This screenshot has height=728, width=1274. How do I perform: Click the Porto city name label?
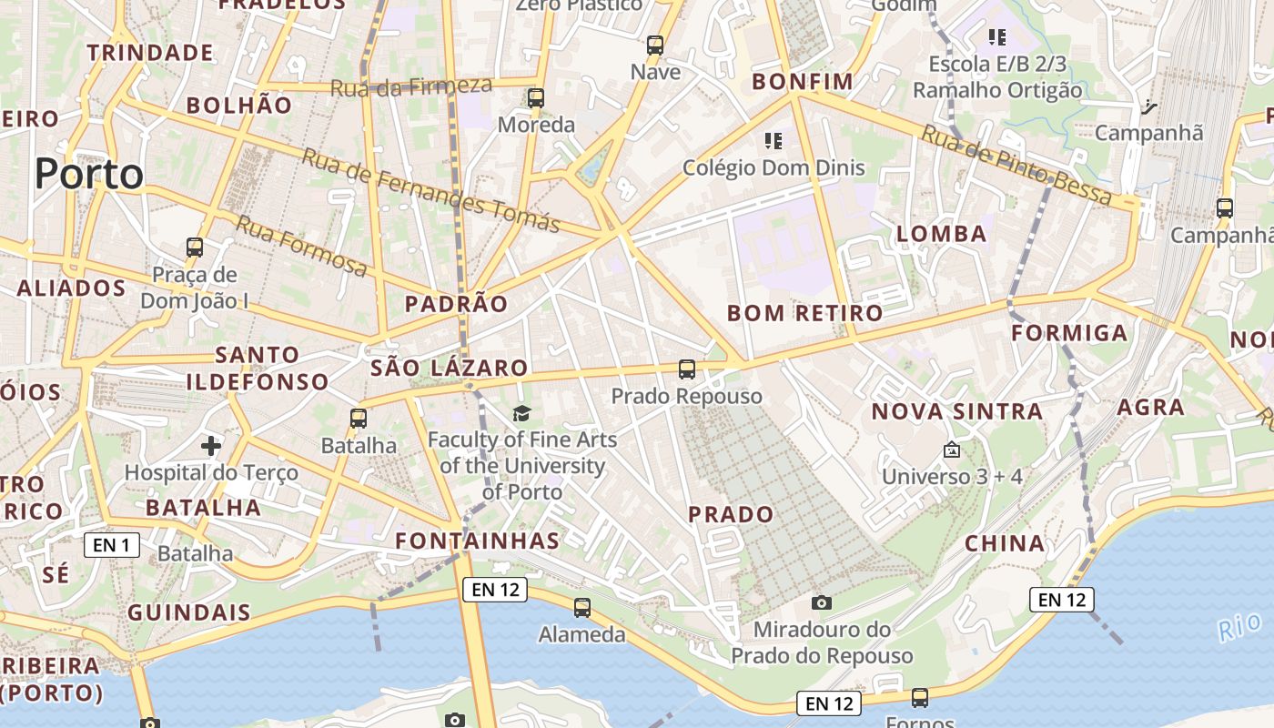coord(89,174)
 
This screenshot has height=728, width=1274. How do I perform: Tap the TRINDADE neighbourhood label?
coord(150,53)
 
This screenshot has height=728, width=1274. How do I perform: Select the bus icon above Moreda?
coord(536,98)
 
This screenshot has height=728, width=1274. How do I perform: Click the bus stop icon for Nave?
coord(655,45)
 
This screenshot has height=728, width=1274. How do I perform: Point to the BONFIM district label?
coord(803,82)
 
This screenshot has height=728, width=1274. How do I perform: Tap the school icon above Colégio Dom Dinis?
coord(773,141)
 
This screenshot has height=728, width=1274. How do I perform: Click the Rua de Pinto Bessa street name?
coord(1016,166)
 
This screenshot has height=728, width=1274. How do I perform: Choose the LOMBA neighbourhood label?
coord(942,234)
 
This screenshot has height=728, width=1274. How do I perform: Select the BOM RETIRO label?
coord(805,313)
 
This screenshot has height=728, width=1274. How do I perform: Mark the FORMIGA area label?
coord(1070,333)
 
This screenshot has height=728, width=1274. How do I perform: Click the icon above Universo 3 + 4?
coord(952,450)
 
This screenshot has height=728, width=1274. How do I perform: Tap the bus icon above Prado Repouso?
coord(687,369)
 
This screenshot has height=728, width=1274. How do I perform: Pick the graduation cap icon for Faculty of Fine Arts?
coord(521,414)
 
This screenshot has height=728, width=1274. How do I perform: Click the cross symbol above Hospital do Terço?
coord(211,446)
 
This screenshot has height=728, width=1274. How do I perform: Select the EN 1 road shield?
coord(112,545)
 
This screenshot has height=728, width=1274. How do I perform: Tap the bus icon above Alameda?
coord(582,607)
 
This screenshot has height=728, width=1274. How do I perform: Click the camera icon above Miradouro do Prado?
coord(822,602)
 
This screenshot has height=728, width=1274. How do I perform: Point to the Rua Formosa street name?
coord(302,246)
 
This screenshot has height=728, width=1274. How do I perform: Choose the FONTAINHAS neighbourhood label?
coord(478,541)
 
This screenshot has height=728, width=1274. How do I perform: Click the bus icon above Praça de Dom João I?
coord(195,247)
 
